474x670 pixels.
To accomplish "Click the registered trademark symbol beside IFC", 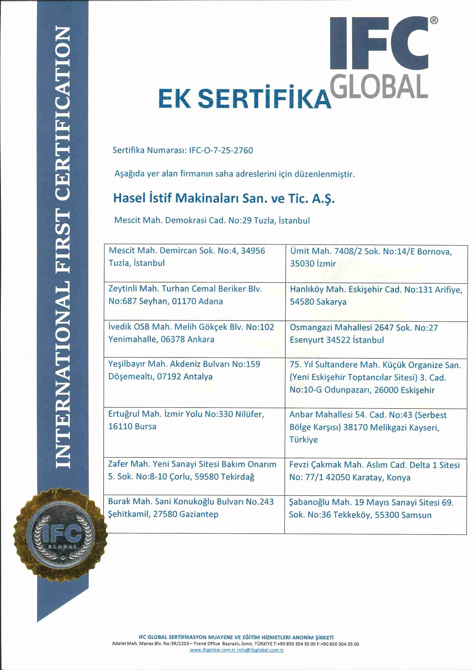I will click(x=434, y=20).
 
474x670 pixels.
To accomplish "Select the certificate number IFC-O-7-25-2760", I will click(x=221, y=150).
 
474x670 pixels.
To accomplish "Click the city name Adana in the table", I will click(x=210, y=301).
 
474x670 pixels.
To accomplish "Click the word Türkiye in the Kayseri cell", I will click(x=303, y=440).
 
